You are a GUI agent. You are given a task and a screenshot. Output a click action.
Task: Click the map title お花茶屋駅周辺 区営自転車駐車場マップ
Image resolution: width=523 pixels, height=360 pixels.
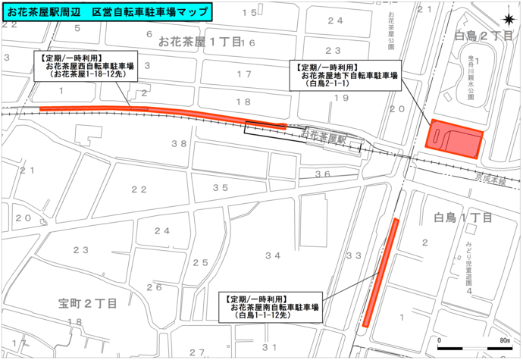coord(106,11)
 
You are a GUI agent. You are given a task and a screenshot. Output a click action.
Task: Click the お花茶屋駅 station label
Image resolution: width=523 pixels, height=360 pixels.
coord(322,138)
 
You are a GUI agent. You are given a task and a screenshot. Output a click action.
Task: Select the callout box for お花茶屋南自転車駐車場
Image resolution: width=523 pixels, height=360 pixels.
coord(268,307)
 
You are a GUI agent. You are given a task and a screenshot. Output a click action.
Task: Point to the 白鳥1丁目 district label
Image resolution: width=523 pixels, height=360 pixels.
coord(462,218)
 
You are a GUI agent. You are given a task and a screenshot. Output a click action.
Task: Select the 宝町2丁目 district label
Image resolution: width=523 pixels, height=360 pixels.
coord(88,303)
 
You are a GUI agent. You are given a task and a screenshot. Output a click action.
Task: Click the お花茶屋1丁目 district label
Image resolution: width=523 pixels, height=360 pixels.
coord(200,42)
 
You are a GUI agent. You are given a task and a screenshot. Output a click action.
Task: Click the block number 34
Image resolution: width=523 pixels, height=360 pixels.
coord(272,255)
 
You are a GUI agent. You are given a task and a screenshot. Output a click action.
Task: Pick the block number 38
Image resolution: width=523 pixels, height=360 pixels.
coord(179,143)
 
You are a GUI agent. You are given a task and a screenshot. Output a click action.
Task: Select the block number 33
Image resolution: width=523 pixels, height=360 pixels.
coord(353,255)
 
